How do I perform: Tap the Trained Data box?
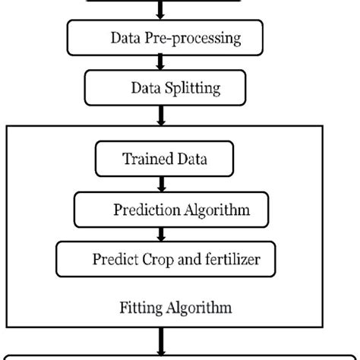(x=164, y=159)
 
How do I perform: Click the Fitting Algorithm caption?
(x=175, y=308)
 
